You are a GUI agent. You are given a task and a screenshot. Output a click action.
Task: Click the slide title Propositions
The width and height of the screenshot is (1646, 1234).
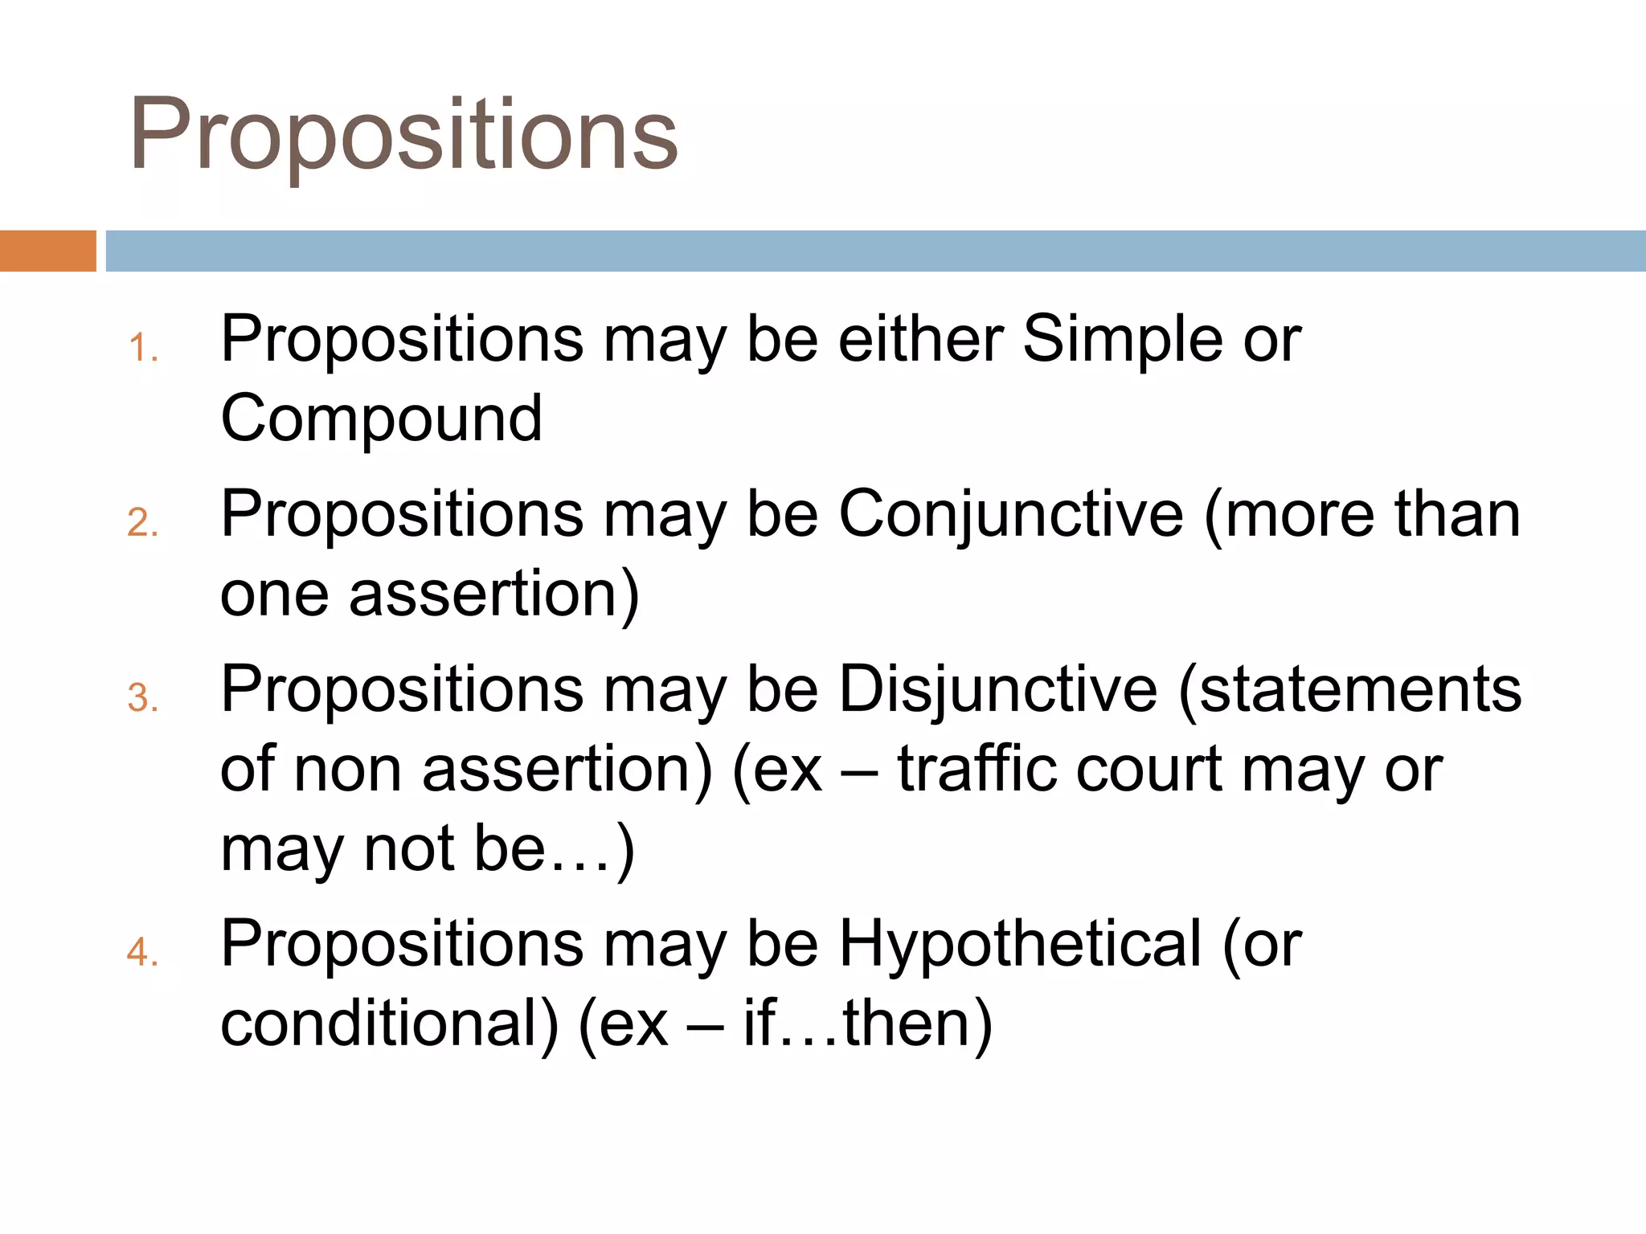pos(403,135)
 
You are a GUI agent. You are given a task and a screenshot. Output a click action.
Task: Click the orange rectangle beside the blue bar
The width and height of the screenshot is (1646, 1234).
pos(47,251)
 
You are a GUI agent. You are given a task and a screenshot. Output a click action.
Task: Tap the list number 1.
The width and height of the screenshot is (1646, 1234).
pos(142,349)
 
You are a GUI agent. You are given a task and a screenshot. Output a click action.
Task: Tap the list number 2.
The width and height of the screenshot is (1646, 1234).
pos(142,523)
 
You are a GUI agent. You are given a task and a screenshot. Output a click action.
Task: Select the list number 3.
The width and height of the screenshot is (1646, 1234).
pos(142,697)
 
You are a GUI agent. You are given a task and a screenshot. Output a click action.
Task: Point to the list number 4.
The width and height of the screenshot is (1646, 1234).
pos(142,952)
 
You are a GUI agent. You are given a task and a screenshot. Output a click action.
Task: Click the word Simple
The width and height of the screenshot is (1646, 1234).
pos(1123,339)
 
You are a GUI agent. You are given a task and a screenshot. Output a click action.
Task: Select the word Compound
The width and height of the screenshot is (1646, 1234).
pos(381,419)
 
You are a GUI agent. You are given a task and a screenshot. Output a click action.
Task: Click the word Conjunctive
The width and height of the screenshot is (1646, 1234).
pos(1010,514)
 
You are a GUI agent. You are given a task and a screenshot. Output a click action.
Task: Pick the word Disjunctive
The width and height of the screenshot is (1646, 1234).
pos(998,689)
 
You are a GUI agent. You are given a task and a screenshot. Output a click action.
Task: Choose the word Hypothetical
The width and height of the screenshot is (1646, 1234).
pos(1020,943)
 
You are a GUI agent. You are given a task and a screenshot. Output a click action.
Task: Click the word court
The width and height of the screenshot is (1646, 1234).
pos(1149,769)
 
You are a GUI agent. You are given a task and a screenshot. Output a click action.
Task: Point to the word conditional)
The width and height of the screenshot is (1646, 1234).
pos(389,1024)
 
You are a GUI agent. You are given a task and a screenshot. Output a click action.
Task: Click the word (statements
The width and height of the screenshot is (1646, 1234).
pos(1349,689)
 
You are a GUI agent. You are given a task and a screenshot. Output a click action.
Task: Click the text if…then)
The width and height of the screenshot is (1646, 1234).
pos(867,1024)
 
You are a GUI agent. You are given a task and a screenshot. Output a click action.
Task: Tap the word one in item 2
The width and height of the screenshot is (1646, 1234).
pos(274,595)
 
